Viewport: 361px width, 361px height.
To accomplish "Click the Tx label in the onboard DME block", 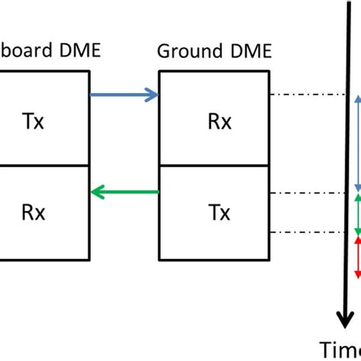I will pyautogui.click(x=33, y=123).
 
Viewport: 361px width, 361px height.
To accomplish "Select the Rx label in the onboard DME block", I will pyautogui.click(x=33, y=214).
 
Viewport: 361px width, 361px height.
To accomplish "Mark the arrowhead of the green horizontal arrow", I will pyautogui.click(x=95, y=193).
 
